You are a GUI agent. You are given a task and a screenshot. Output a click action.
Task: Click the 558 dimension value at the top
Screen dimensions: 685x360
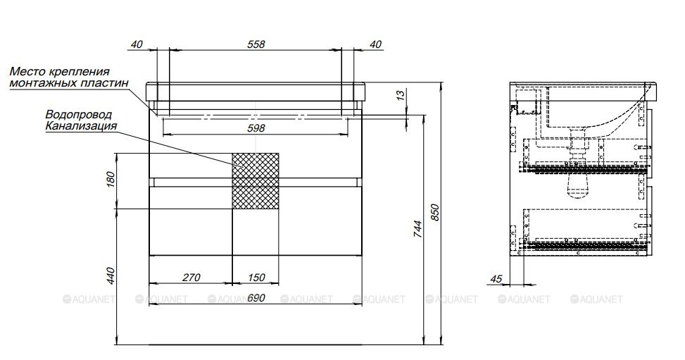(256, 44)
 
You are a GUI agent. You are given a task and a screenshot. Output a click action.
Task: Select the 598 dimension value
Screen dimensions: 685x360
(256, 128)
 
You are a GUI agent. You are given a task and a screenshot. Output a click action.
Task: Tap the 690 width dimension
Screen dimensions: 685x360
(256, 298)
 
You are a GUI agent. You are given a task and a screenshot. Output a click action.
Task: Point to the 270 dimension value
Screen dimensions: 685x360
(191, 277)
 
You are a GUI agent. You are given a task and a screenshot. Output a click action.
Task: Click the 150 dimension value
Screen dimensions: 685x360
(256, 277)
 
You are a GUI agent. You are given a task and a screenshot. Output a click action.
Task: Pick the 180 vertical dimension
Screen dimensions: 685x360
(110, 180)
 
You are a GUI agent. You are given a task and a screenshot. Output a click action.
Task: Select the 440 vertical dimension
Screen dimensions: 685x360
(110, 275)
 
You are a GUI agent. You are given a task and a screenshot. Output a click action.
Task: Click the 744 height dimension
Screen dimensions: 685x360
(418, 229)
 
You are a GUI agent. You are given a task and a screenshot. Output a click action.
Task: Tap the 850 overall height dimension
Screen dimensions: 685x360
(434, 212)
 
